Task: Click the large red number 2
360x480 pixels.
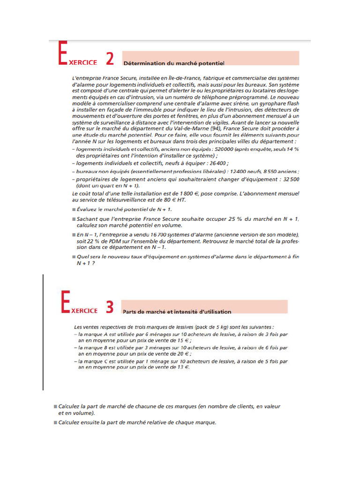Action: (x=109, y=59)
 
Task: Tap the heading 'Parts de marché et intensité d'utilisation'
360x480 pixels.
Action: (x=177, y=311)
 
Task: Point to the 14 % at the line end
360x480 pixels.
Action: (x=293, y=149)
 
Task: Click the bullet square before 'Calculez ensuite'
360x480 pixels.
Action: (x=55, y=422)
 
